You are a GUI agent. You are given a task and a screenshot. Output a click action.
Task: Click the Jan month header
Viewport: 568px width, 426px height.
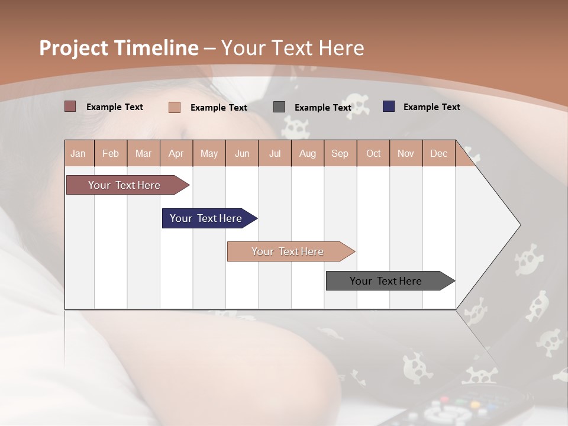click(79, 153)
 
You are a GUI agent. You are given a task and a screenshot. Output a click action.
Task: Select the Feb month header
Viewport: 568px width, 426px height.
click(111, 153)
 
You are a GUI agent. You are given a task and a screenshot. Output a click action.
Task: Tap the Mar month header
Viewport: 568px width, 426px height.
click(143, 153)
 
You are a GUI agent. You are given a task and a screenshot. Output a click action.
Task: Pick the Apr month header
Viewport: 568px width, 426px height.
click(176, 153)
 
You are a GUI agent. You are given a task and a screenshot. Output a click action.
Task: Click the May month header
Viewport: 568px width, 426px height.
click(209, 153)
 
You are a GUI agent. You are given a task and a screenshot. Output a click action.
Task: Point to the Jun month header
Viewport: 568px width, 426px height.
click(242, 153)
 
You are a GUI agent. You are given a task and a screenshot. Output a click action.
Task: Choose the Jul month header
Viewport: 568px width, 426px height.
click(275, 153)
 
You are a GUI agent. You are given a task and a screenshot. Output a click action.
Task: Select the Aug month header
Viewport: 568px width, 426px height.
click(308, 153)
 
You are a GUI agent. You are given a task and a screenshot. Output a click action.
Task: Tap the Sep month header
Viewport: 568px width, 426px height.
click(340, 153)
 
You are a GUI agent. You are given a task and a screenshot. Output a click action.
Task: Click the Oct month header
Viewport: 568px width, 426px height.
click(373, 153)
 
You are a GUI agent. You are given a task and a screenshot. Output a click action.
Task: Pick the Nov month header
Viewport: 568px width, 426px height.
click(406, 153)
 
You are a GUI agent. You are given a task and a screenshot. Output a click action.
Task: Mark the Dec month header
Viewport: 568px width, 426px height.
click(439, 153)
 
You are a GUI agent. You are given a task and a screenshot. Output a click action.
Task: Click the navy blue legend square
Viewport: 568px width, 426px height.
click(389, 106)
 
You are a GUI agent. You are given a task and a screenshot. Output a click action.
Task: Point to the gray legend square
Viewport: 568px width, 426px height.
click(279, 107)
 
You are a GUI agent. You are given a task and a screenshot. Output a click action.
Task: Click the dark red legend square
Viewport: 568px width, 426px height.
click(70, 106)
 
